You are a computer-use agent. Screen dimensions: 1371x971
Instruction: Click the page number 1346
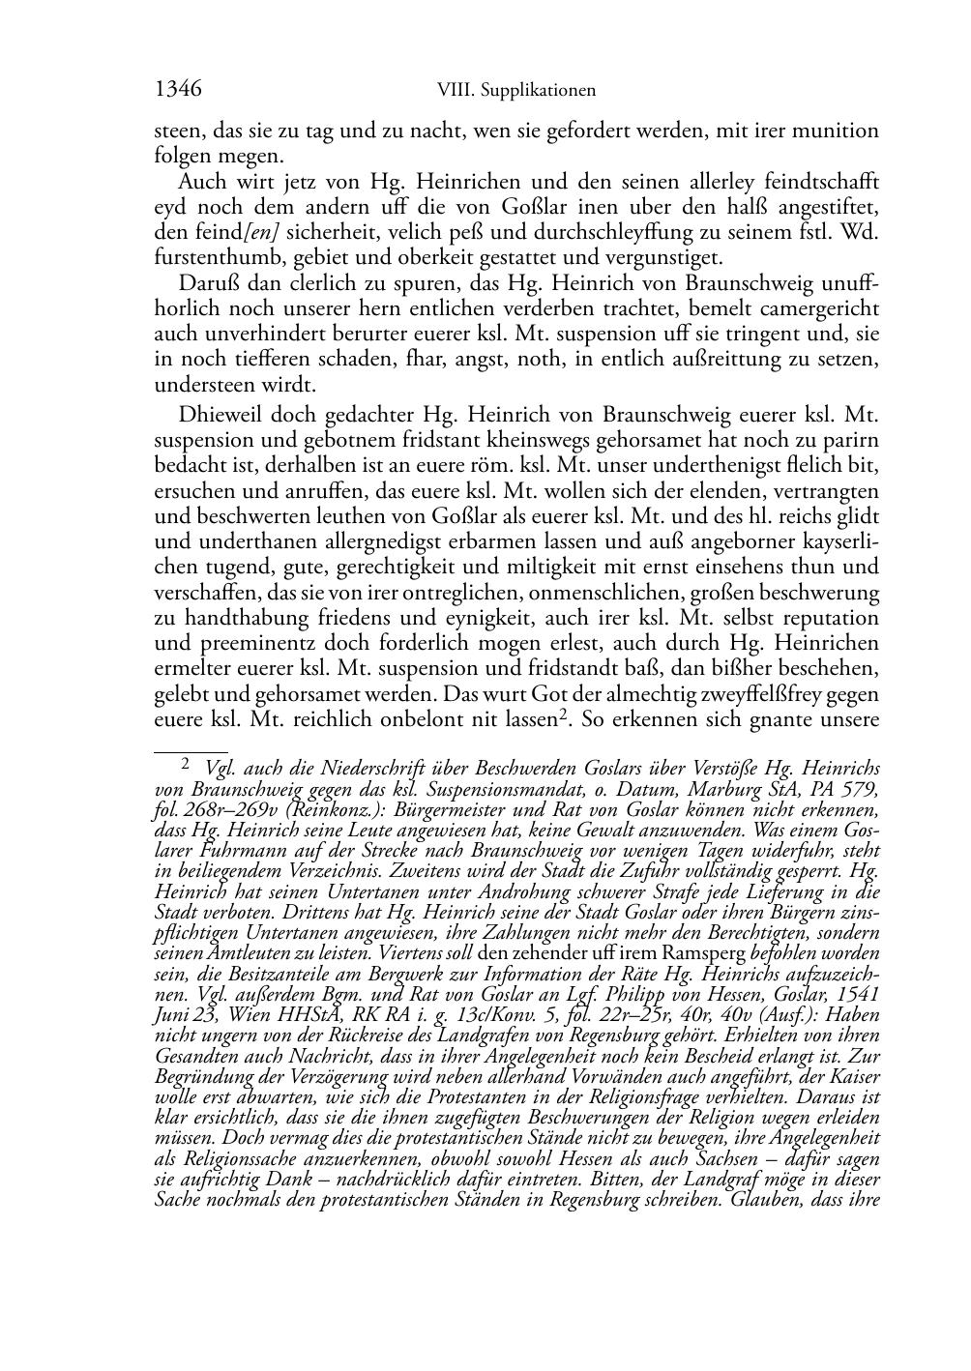pyautogui.click(x=177, y=90)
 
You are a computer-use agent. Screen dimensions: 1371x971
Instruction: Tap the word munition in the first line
pyautogui.click(x=834, y=131)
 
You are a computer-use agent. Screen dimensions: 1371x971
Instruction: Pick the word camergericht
pyautogui.click(x=824, y=309)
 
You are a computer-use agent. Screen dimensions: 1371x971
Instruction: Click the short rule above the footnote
pyautogui.click(x=191, y=749)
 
